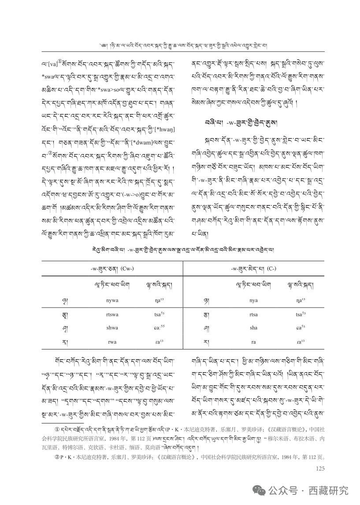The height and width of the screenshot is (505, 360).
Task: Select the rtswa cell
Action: coord(100,314)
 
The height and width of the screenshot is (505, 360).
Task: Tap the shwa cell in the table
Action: coord(100,327)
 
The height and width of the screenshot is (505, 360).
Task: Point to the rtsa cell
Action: coord(253,314)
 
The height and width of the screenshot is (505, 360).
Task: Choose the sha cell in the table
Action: coord(253,327)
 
